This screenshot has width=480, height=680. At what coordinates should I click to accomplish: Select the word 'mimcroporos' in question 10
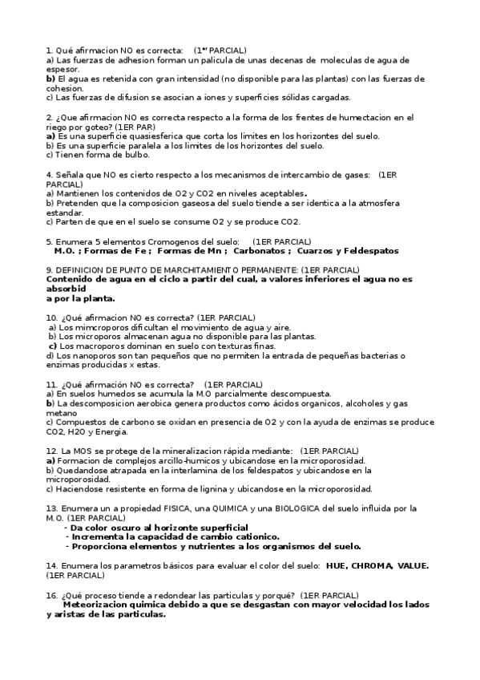104,327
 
